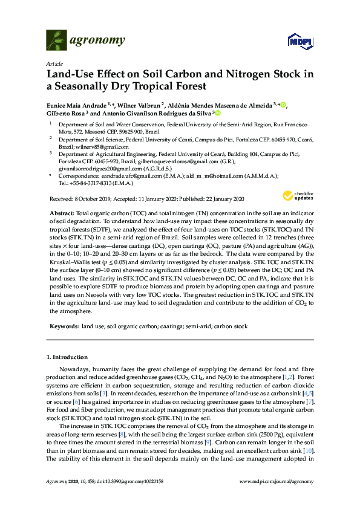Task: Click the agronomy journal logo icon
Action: (x=56, y=41)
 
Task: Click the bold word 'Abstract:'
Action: (x=61, y=213)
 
